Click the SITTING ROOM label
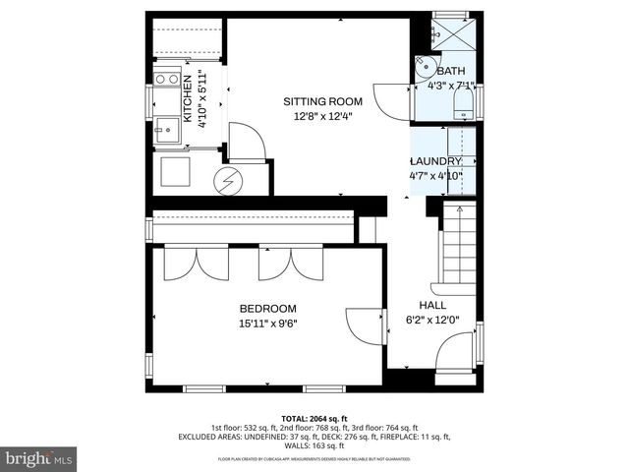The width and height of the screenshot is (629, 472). pyautogui.click(x=323, y=101)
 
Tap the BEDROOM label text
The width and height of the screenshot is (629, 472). pyautogui.click(x=267, y=308)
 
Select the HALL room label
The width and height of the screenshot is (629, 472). pyautogui.click(x=432, y=305)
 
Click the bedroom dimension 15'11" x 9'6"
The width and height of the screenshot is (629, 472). pyautogui.click(x=267, y=323)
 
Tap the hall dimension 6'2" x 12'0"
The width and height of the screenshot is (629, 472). pyautogui.click(x=433, y=319)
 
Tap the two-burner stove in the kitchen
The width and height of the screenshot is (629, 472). pyautogui.click(x=164, y=80)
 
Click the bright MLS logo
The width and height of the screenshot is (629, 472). pyautogui.click(x=39, y=458)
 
